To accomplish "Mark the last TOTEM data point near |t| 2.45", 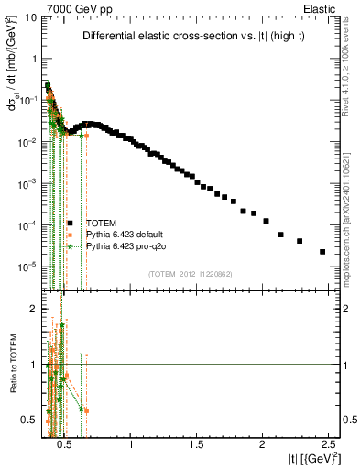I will click(322, 252).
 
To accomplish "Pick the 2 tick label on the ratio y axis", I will click(34, 309).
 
